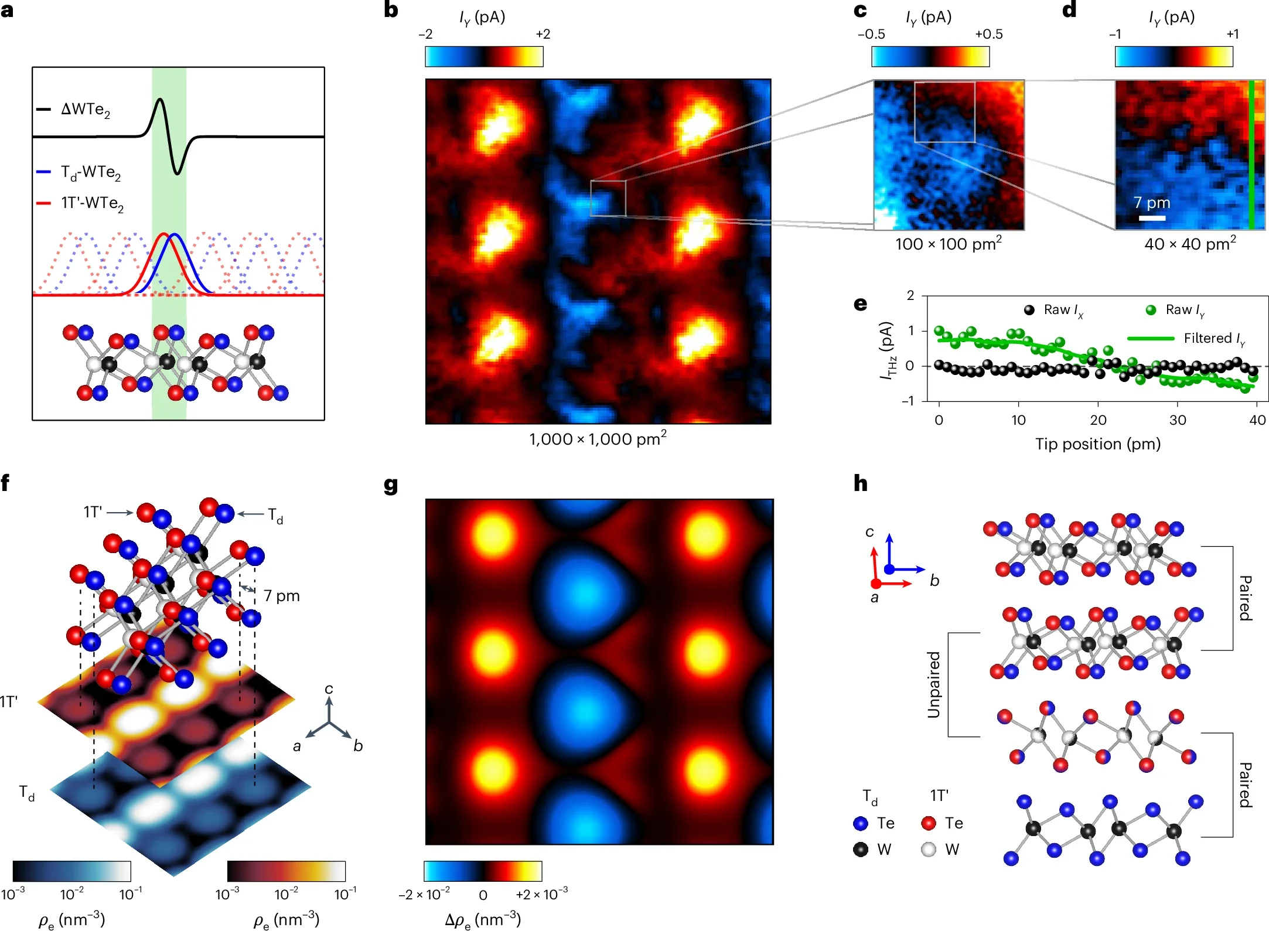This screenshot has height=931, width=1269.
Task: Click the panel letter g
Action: (x=391, y=486)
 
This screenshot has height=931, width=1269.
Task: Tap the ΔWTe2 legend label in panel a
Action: (x=86, y=110)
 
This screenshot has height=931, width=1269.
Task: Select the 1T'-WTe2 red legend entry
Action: (x=92, y=203)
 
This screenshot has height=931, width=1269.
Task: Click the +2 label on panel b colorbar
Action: (x=543, y=34)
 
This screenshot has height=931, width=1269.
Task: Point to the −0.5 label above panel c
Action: (x=871, y=34)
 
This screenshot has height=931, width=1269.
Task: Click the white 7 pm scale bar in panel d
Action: (x=1152, y=218)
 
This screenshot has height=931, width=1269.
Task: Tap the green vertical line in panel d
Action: (x=1251, y=155)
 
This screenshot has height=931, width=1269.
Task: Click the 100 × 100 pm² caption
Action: (x=948, y=243)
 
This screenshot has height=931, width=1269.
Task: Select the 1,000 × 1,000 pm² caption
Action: (x=598, y=439)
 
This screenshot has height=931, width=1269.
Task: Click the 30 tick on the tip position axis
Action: (x=1178, y=420)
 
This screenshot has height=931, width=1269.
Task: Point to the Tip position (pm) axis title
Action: (x=1097, y=444)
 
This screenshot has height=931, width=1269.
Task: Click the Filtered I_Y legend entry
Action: (x=1213, y=339)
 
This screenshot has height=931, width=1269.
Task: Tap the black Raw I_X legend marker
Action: (x=1029, y=310)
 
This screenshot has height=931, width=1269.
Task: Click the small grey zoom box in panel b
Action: (x=608, y=199)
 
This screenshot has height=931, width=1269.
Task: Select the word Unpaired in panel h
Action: (x=933, y=684)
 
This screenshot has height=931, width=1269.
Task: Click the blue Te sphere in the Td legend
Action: (x=861, y=823)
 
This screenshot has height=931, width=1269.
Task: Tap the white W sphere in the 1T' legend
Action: (x=929, y=849)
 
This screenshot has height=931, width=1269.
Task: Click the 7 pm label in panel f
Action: (x=281, y=596)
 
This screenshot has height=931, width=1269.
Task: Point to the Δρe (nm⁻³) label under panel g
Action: (x=482, y=919)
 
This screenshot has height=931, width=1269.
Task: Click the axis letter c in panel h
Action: (x=869, y=532)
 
